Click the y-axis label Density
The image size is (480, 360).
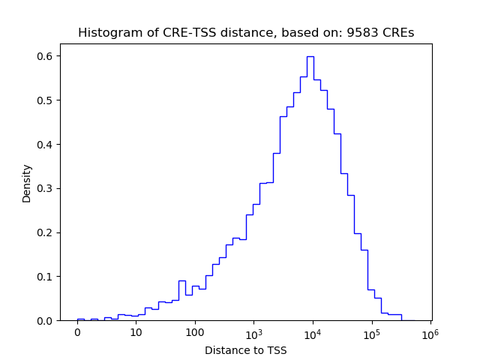click(x=27, y=183)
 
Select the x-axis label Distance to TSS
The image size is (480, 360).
click(x=245, y=350)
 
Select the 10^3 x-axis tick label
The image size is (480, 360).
click(x=253, y=332)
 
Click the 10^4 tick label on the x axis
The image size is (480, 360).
click(x=313, y=332)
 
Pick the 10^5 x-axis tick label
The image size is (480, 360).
click(x=371, y=332)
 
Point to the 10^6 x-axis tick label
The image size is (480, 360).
click(x=430, y=332)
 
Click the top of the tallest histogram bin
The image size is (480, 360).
click(x=310, y=56)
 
